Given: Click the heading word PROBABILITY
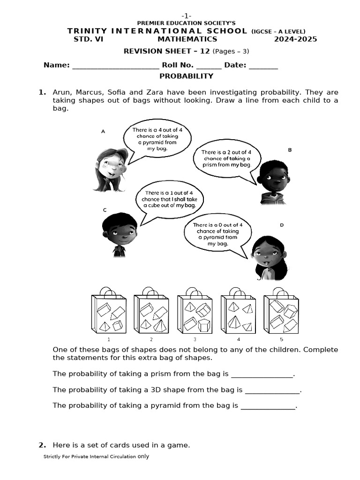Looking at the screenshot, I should pyautogui.click(x=186, y=76).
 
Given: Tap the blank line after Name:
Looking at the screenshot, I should pyautogui.click(x=115, y=66).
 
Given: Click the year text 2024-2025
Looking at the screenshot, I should pyautogui.click(x=295, y=39).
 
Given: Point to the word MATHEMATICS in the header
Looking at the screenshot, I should pyautogui.click(x=187, y=39).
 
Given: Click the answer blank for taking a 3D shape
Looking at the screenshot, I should pyautogui.click(x=272, y=390).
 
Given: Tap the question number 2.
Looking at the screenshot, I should pyautogui.click(x=42, y=445).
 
